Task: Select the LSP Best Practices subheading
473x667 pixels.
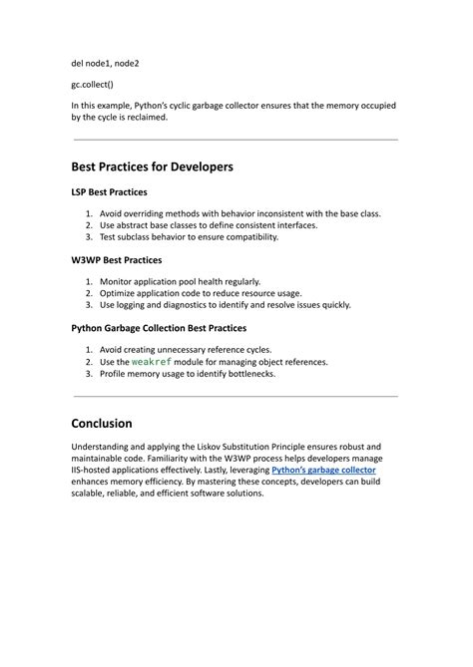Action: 110,191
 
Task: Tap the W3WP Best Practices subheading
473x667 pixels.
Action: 117,259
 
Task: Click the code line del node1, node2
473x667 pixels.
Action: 105,63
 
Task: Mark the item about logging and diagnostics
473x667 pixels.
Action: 225,305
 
